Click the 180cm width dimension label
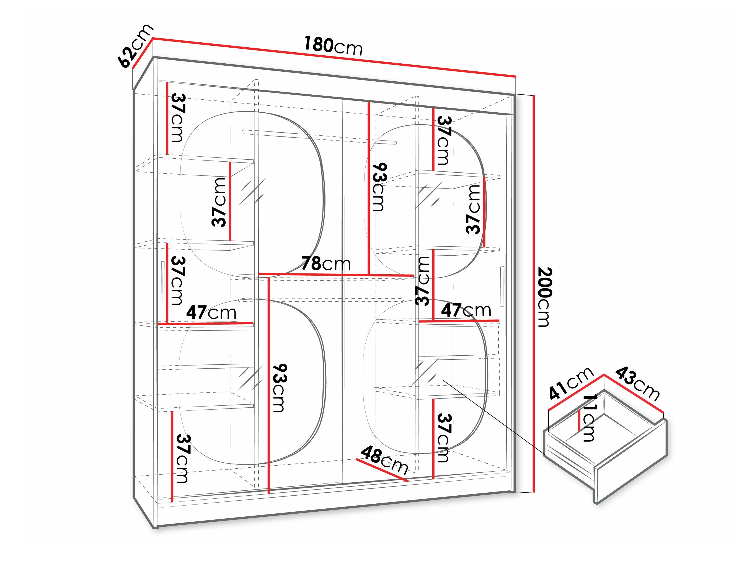(x=333, y=46)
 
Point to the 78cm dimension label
(x=326, y=263)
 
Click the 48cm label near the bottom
(x=384, y=461)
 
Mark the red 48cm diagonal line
(x=382, y=470)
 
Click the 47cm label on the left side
(x=211, y=312)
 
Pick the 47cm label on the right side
(x=466, y=310)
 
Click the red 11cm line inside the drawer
(x=579, y=420)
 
